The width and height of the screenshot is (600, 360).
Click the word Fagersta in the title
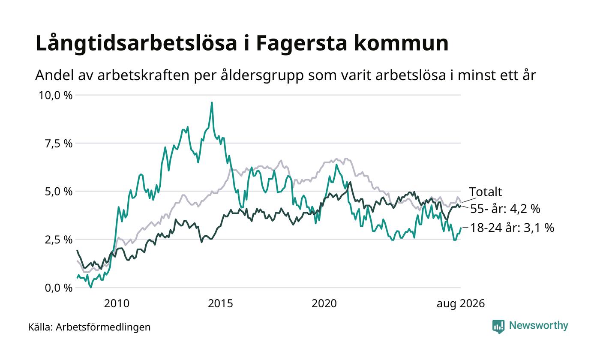(x=302, y=44)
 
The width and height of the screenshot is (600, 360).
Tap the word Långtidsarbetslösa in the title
(x=136, y=44)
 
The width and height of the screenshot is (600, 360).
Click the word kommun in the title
(x=401, y=44)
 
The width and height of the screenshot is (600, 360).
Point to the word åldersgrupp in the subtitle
(x=262, y=75)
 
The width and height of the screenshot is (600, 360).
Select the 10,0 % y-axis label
(x=56, y=95)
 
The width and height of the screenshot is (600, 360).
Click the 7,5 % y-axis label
(x=59, y=144)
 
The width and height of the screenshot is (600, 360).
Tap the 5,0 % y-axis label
(x=59, y=192)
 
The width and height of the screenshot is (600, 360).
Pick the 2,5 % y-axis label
(x=59, y=240)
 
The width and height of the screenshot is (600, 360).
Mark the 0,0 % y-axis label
(x=59, y=288)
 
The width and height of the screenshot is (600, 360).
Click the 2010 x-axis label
(x=117, y=304)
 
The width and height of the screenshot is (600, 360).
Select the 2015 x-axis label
(x=220, y=304)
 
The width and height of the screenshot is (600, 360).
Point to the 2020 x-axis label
(x=324, y=304)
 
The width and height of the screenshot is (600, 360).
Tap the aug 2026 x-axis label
(x=461, y=304)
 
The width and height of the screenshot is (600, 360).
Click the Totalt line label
(x=485, y=192)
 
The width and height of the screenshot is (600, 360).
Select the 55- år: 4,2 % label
(x=505, y=209)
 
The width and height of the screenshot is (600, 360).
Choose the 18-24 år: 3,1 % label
(x=512, y=228)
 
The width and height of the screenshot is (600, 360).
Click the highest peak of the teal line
(x=212, y=102)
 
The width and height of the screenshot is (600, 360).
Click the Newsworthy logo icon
(x=498, y=327)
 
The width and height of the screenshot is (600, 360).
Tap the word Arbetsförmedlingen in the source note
(x=103, y=327)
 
